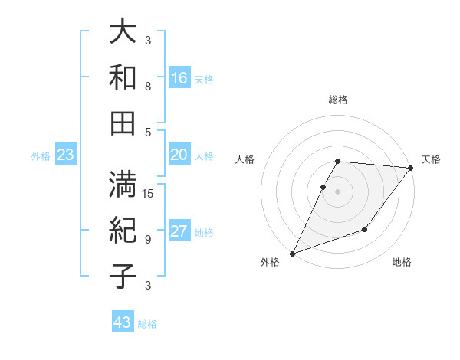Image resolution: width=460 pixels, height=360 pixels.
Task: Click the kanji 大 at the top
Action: [123, 32]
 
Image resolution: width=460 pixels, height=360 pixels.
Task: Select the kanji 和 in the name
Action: [123, 77]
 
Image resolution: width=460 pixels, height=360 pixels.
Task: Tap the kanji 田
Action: [123, 122]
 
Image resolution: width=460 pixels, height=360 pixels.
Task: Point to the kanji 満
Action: [123, 185]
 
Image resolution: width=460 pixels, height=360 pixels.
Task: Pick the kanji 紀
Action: [123, 230]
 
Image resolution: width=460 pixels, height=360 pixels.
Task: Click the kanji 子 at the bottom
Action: [123, 275]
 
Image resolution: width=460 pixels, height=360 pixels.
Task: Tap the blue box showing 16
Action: [179, 78]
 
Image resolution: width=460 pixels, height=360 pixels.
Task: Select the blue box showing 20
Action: [179, 155]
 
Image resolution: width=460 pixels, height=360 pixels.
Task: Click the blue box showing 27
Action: [179, 232]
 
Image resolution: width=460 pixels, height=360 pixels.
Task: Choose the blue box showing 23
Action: [66, 155]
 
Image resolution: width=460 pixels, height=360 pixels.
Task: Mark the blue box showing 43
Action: [123, 322]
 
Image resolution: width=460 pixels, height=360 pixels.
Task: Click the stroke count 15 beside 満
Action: [149, 193]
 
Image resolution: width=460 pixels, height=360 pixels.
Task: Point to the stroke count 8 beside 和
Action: [148, 87]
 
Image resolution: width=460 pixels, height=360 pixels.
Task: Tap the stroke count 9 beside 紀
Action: [148, 239]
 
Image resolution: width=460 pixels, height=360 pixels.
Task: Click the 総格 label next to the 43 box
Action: [147, 324]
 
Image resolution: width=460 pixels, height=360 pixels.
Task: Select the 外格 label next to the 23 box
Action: [41, 156]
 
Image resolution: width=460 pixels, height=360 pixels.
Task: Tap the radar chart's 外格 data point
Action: [292, 253]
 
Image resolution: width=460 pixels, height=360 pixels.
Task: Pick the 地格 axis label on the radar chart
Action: [402, 262]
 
